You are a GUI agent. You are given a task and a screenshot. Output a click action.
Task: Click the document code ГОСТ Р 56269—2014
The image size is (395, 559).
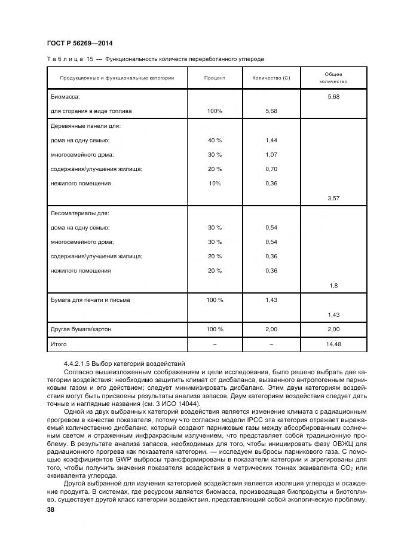click(79, 44)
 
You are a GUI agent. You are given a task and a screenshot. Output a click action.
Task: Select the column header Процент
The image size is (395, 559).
click(215, 78)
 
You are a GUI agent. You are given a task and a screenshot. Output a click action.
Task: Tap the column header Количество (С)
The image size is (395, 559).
click(271, 78)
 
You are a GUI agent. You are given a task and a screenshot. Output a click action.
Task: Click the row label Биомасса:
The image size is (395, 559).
click(66, 96)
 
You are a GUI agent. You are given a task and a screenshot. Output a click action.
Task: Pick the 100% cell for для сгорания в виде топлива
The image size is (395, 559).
click(215, 111)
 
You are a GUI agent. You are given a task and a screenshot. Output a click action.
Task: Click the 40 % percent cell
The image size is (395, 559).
click(215, 140)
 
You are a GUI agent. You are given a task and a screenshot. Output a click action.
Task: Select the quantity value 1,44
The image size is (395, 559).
click(271, 140)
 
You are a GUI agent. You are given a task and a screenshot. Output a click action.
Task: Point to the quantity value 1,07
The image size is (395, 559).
click(271, 155)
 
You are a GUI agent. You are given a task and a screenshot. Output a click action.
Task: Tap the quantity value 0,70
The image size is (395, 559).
click(271, 169)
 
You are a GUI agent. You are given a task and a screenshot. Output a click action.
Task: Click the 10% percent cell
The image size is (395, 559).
click(215, 184)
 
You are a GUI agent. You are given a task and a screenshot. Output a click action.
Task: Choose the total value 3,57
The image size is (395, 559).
click(333, 198)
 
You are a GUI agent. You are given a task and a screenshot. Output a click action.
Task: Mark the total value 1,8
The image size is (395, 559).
click(333, 285)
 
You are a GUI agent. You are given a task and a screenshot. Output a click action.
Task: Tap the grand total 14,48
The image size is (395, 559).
click(333, 344)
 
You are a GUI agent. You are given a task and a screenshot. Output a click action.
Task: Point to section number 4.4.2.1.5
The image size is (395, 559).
click(83, 363)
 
